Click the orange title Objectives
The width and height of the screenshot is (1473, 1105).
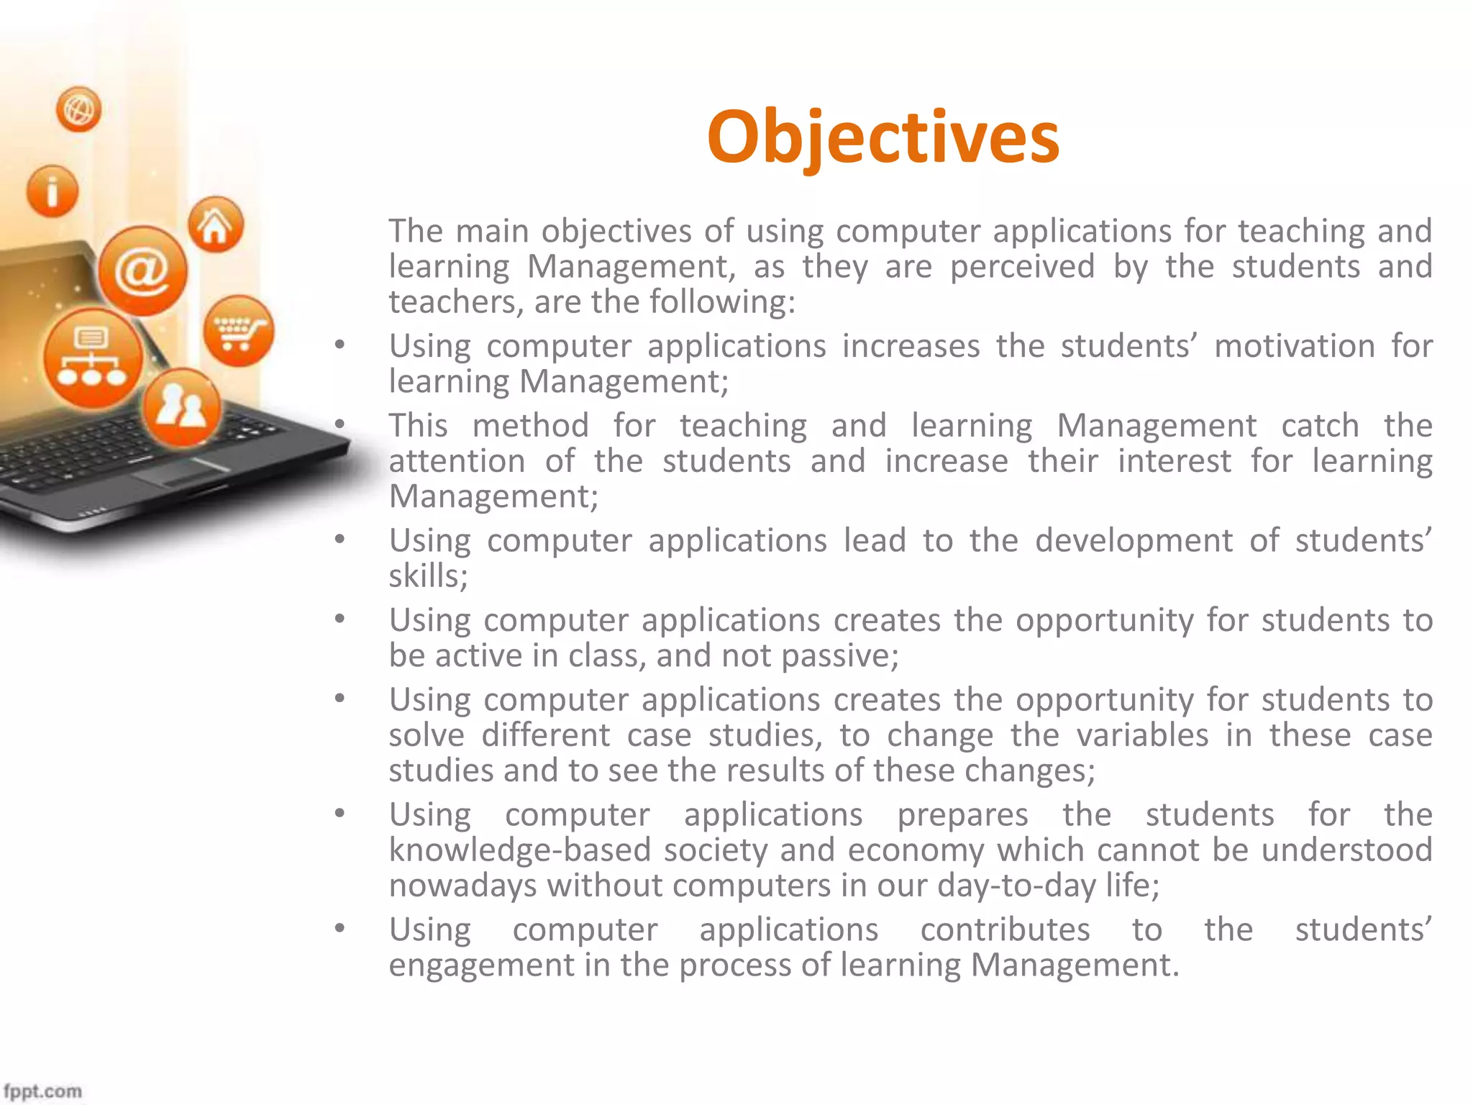click(883, 137)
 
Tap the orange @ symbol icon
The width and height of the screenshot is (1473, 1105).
click(142, 271)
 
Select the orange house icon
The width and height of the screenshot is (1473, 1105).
click(215, 224)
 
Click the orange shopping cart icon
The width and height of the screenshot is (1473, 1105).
click(238, 331)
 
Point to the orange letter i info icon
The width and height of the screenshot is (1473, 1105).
click(52, 191)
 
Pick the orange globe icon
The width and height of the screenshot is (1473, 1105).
click(78, 109)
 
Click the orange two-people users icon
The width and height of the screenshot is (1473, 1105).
click(181, 407)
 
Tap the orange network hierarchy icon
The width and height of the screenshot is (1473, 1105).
click(92, 358)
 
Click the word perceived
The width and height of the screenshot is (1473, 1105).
click(1021, 266)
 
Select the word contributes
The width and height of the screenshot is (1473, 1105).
click(1005, 929)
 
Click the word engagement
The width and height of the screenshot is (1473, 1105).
click(482, 965)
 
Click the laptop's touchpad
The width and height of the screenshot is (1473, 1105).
click(180, 471)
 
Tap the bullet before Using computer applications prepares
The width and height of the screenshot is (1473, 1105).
click(339, 814)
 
